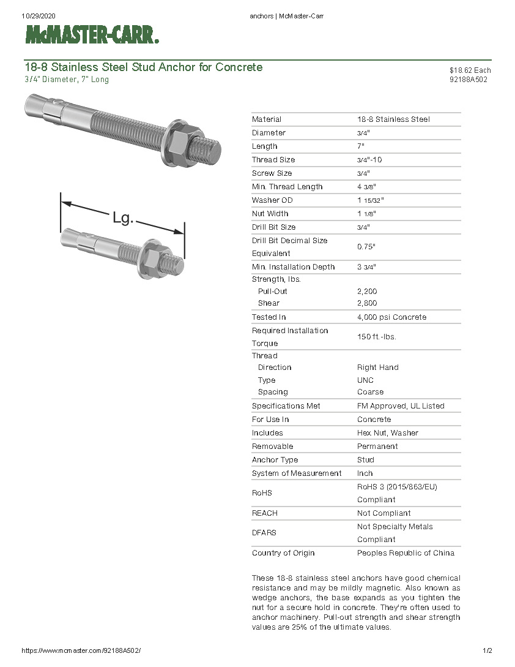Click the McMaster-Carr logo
[x=92, y=36]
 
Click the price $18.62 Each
[x=470, y=70]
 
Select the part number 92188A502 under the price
[x=468, y=79]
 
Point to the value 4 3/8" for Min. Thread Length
[x=366, y=187]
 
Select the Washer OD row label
[x=272, y=200]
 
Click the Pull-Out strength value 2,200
[x=367, y=292]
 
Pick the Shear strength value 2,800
[x=367, y=303]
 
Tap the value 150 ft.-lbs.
[x=372, y=337]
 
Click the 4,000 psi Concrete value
[x=391, y=317]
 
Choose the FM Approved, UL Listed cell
[x=401, y=406]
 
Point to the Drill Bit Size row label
[x=273, y=227]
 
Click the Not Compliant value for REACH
[x=383, y=513]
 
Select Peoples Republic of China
[x=406, y=553]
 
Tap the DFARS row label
[x=265, y=533]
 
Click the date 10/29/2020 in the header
[x=38, y=16]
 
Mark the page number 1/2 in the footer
[x=487, y=650]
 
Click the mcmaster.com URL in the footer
[x=85, y=650]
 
